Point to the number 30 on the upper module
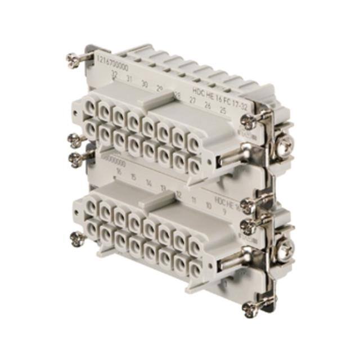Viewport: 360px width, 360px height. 145,85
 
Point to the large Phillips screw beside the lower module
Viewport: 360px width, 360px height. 286,246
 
